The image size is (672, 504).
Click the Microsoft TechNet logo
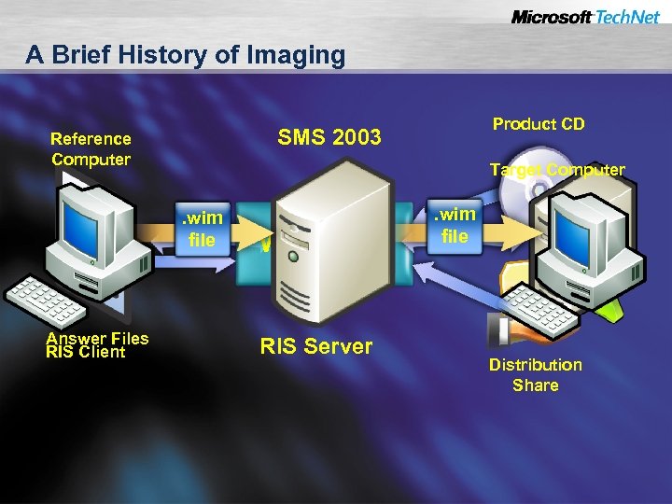tap(585, 17)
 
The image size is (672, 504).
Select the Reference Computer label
tap(91, 148)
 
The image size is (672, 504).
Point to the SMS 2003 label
tap(329, 138)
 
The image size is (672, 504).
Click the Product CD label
tap(539, 124)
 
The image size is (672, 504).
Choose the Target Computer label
tap(557, 170)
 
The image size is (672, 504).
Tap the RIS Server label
tap(315, 347)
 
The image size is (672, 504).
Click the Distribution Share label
tap(535, 374)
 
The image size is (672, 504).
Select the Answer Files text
tap(97, 337)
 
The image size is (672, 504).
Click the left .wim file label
tap(202, 229)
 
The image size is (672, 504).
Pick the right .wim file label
tap(455, 225)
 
